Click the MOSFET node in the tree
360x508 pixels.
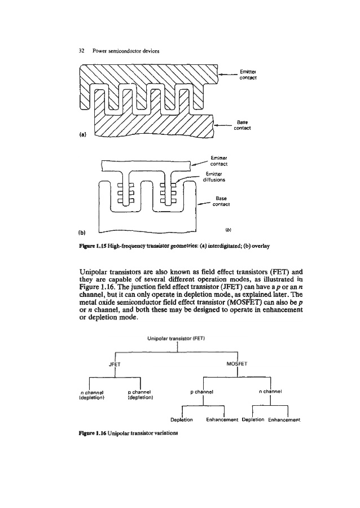(237, 364)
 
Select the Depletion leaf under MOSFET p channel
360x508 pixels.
(181, 419)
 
